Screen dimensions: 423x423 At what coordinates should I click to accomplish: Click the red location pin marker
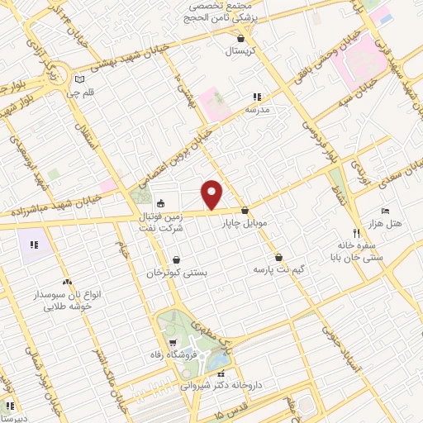coord(213,194)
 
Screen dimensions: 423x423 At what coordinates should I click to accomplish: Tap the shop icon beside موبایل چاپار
coord(245,211)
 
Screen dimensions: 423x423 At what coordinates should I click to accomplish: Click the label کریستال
coord(240,50)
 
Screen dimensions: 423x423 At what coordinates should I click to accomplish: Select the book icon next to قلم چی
coord(79,80)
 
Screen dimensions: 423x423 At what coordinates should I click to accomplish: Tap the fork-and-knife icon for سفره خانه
coord(357,234)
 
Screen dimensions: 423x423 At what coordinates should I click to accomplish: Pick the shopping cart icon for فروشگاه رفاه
coord(172,343)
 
